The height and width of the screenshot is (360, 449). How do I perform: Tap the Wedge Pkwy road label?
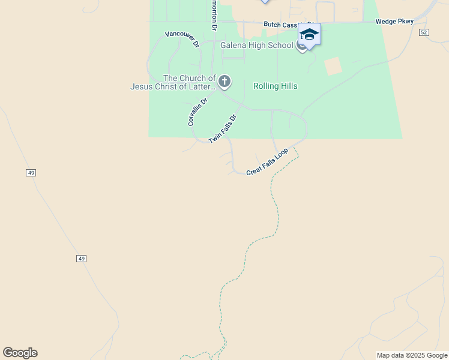394,22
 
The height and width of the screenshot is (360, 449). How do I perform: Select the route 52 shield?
424,32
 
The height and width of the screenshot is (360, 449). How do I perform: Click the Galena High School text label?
256,45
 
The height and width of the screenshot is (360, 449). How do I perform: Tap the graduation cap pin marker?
309,35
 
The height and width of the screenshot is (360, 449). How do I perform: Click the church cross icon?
224,81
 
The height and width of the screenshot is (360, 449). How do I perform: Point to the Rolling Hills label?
275,86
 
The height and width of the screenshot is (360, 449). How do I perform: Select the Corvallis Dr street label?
197,112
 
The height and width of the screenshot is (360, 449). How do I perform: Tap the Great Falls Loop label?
267,161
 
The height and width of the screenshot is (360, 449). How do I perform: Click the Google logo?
20,353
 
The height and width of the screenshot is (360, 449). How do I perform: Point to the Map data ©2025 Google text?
412,355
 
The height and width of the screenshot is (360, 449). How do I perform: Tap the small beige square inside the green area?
333,66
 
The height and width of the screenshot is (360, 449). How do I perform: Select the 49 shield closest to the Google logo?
82,258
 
